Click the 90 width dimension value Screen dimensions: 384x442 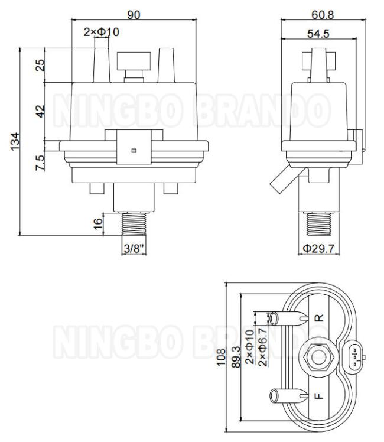[134, 15]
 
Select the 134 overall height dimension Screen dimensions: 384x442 [15, 141]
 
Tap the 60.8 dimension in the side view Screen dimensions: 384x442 [323, 15]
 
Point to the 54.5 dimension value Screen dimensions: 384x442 [318, 34]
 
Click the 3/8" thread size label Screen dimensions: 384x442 [134, 249]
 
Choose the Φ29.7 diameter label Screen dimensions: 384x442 [318, 249]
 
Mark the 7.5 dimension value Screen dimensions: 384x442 [40, 162]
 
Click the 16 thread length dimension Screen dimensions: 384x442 [98, 224]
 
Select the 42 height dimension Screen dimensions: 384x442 [40, 111]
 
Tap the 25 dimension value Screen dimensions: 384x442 [40, 65]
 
